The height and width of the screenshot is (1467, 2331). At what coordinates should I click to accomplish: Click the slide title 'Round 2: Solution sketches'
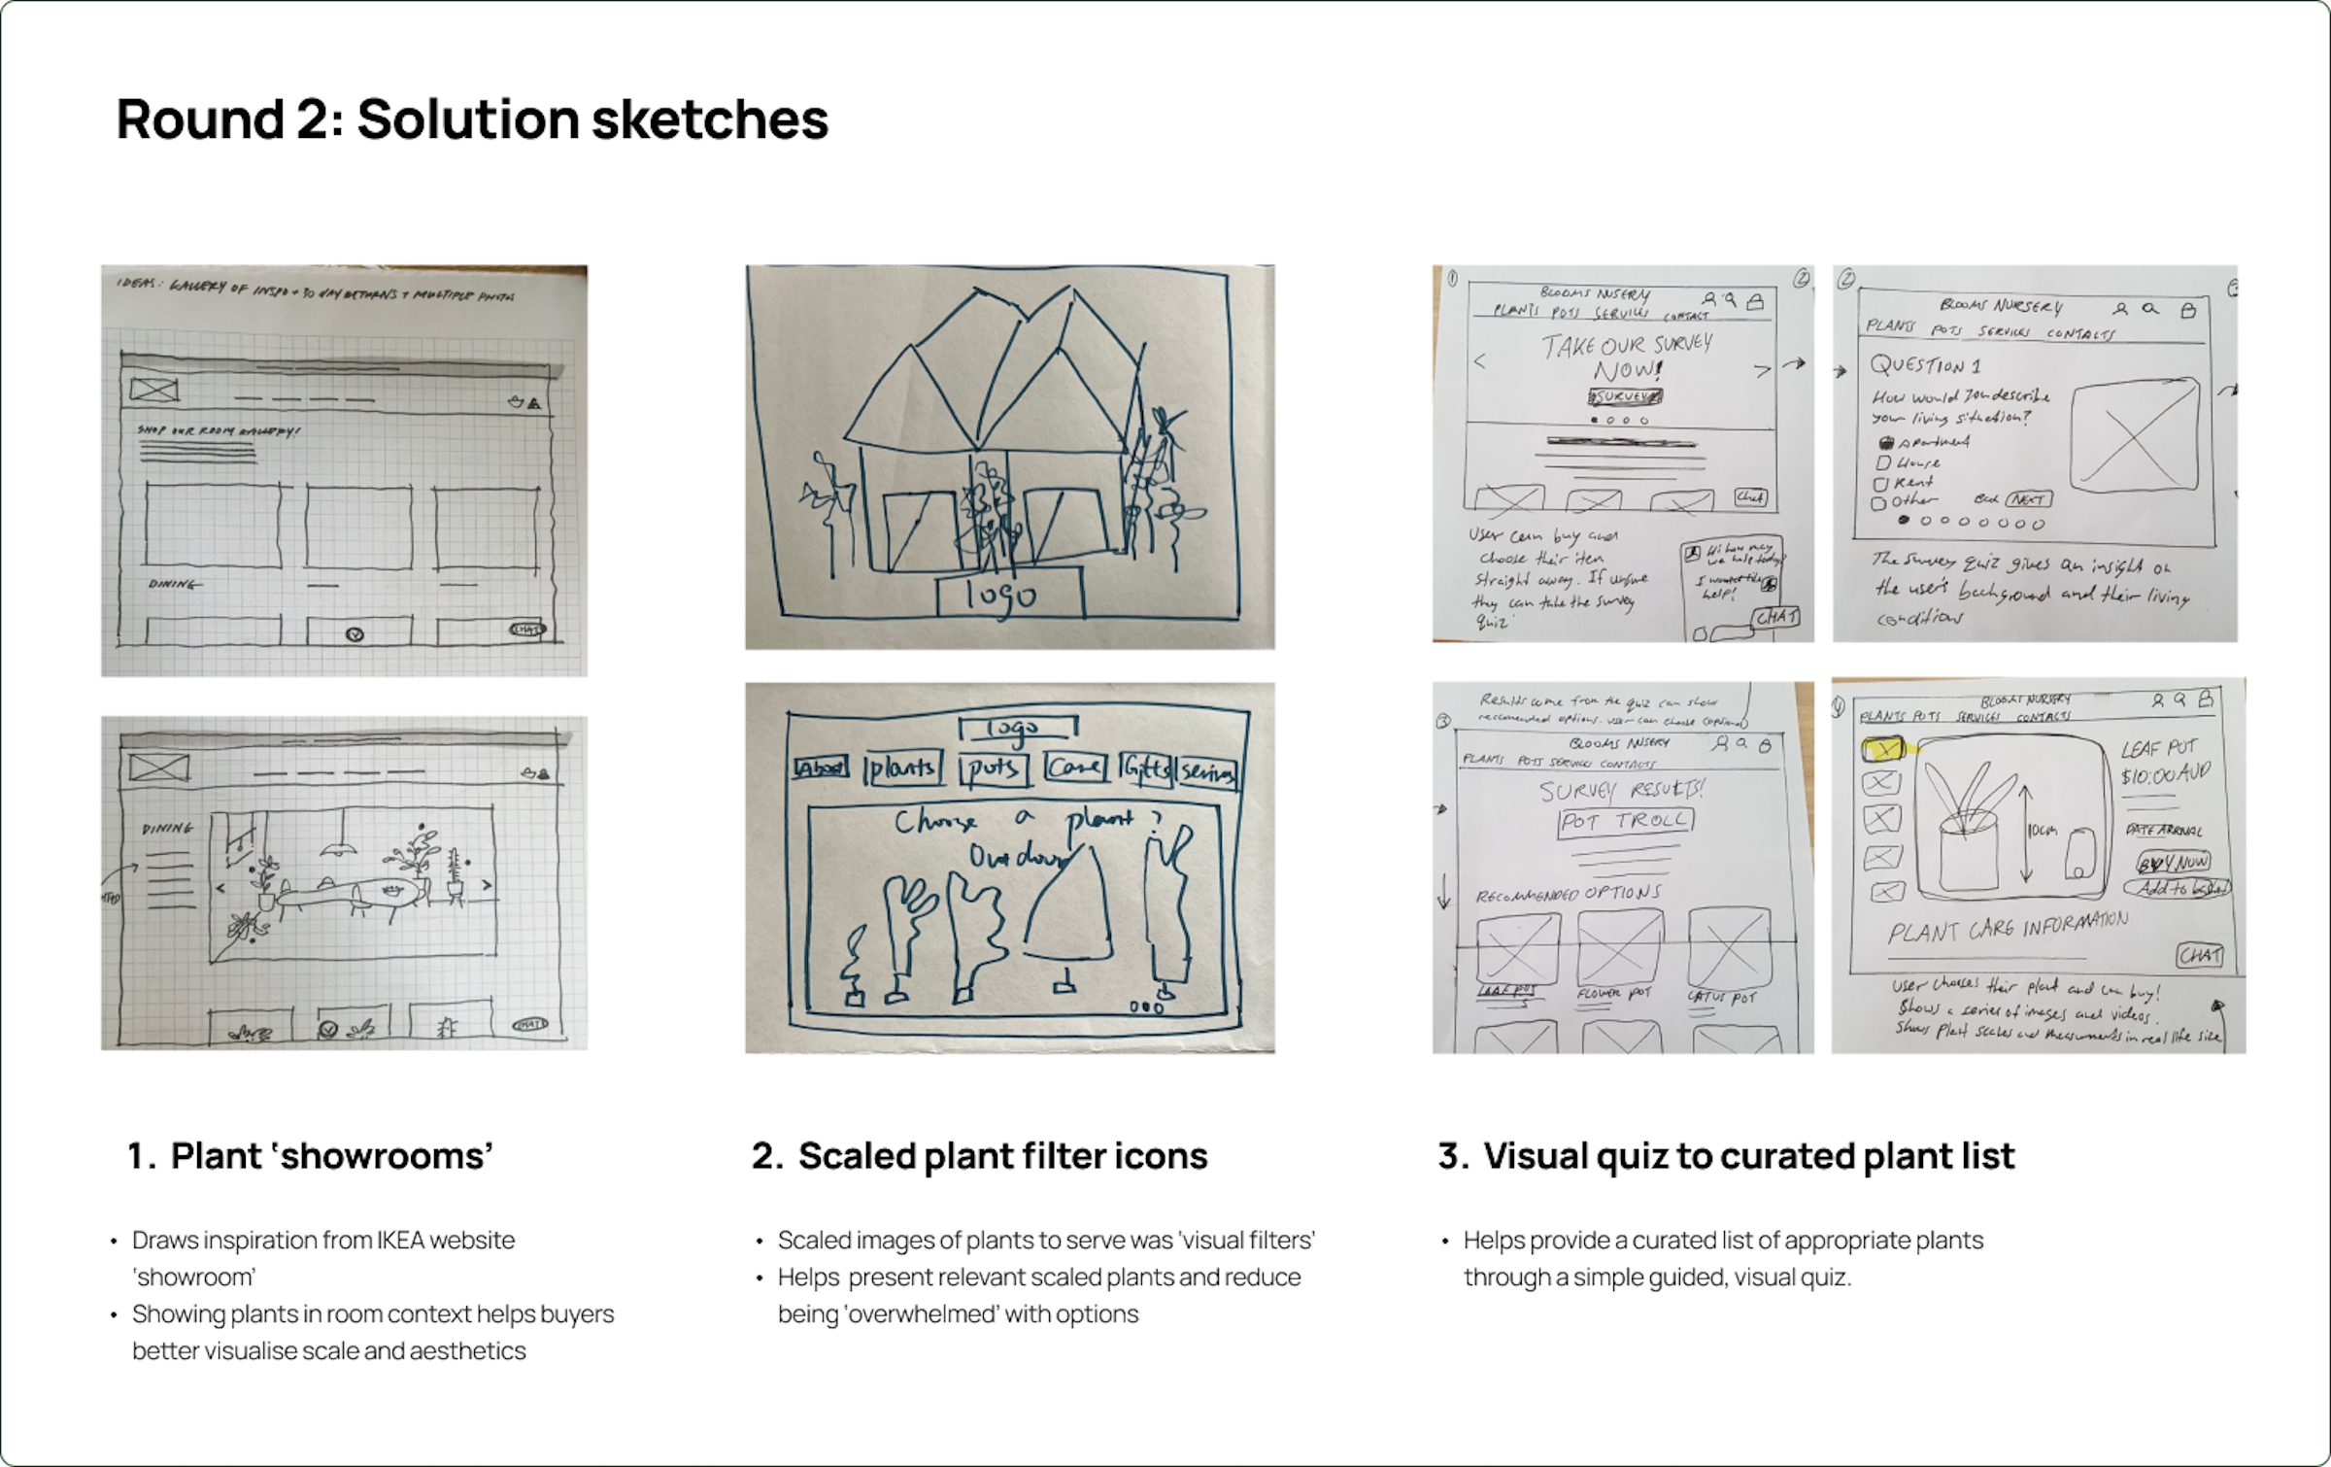click(472, 119)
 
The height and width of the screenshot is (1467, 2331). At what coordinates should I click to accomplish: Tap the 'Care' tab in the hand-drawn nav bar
click(1075, 768)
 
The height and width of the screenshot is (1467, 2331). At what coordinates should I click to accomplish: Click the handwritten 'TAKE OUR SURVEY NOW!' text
click(1628, 357)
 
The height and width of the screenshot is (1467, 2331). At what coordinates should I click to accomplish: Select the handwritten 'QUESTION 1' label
click(1925, 365)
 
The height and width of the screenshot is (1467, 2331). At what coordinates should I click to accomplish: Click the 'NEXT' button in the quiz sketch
click(2029, 499)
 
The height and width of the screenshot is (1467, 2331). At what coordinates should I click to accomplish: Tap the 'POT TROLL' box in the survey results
click(1625, 822)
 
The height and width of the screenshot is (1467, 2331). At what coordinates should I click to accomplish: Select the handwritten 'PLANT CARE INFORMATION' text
click(2007, 928)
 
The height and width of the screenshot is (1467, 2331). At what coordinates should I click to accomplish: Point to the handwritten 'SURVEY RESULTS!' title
click(1622, 789)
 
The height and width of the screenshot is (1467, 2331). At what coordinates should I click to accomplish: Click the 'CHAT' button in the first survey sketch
click(1776, 618)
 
